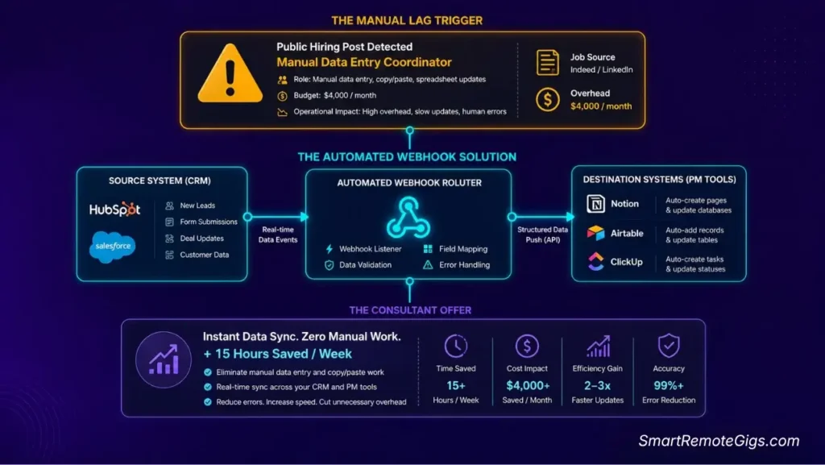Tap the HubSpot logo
click(114, 210)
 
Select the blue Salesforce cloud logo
click(113, 246)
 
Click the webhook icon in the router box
click(408, 218)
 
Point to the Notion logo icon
click(595, 204)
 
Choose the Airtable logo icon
click(595, 233)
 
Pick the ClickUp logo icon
click(595, 261)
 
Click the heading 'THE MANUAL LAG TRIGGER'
click(407, 20)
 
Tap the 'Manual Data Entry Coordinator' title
click(364, 62)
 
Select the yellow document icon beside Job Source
click(547, 63)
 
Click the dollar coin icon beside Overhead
click(547, 99)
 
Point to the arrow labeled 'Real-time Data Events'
click(278, 217)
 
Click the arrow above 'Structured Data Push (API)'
click(542, 217)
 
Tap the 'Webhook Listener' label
click(370, 249)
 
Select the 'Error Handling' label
click(464, 264)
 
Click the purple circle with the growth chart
click(164, 359)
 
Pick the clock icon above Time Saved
click(456, 346)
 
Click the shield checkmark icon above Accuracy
click(669, 346)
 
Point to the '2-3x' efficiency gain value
click(597, 385)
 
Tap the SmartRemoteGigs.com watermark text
click(719, 441)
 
